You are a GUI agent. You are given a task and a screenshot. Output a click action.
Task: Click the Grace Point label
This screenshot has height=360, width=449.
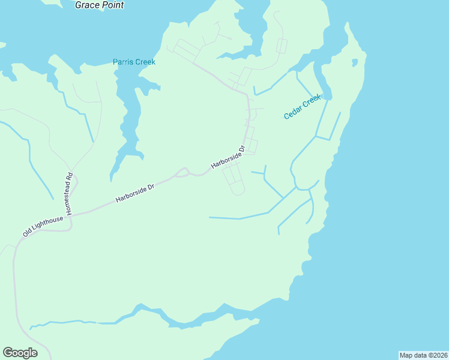pos(100,5)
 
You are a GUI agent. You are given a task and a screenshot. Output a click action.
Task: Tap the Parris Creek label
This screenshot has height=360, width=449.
pos(134,62)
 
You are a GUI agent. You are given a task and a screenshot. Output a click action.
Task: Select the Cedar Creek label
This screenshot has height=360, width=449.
pos(303,107)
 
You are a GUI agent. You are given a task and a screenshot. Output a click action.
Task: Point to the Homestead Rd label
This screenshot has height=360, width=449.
pos(69,194)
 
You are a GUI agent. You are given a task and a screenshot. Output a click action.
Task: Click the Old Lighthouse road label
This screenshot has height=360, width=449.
pos(43,226)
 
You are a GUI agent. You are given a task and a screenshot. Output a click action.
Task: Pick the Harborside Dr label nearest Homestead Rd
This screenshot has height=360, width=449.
pos(135,193)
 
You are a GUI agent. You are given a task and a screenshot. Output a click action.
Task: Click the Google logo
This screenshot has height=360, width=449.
pos(20,353)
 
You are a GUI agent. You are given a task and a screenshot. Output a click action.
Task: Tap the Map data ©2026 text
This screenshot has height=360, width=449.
pos(423,355)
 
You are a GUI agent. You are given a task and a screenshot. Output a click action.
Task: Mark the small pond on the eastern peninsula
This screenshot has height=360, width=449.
pos(355,62)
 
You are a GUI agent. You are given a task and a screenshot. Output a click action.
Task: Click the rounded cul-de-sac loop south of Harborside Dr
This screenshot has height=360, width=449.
pos(238,191)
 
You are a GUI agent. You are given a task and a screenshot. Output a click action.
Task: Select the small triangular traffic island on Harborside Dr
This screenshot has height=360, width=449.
pos(182,173)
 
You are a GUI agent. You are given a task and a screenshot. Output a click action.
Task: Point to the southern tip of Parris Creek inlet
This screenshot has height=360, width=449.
pos(111,179)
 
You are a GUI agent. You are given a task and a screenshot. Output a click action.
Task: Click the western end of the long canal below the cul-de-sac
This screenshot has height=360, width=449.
pos(210,217)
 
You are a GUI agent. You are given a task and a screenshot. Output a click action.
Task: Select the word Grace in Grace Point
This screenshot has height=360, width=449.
pos(87,5)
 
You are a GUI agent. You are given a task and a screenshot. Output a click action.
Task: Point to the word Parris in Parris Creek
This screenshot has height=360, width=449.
pos(124,62)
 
